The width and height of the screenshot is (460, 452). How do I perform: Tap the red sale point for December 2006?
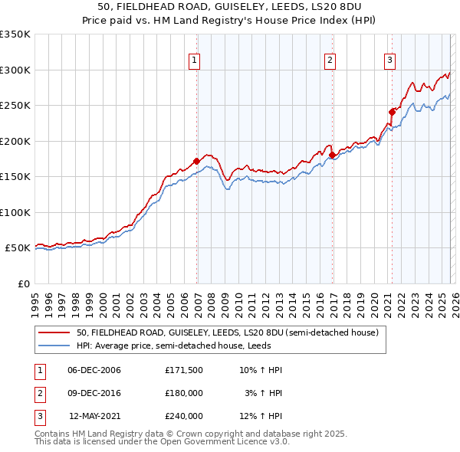click(x=197, y=161)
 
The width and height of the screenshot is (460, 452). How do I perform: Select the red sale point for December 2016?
click(x=333, y=156)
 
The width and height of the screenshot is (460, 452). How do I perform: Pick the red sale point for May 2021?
click(x=392, y=112)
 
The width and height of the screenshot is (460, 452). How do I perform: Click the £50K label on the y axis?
click(x=18, y=248)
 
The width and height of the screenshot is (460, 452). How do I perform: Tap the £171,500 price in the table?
click(x=183, y=370)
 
